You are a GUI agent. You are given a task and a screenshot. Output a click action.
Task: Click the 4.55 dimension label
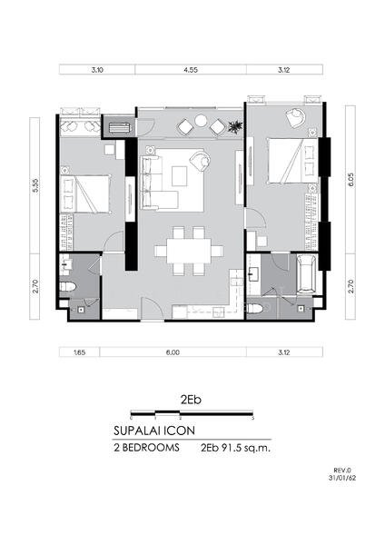click(191, 70)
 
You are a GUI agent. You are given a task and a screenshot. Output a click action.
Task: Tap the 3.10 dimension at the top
click(97, 70)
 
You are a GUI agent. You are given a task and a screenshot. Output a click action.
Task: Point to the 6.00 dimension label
click(173, 352)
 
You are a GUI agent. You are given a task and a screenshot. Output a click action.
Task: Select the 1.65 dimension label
click(80, 352)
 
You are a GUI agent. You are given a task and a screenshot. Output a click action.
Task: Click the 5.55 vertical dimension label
click(35, 186)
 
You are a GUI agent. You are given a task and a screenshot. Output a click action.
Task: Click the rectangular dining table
click(189, 251)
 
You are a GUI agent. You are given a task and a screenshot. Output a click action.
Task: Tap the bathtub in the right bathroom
click(307, 274)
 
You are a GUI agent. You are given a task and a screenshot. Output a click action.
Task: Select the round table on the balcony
click(201, 121)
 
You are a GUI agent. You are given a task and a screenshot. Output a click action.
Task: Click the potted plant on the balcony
click(235, 126)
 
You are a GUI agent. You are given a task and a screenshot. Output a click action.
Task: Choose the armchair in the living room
click(201, 160)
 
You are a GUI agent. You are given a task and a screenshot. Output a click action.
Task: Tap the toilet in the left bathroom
click(67, 287)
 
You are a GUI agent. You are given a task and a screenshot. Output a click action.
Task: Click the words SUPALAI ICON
click(154, 431)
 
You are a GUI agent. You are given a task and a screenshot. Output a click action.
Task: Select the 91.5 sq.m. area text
click(244, 448)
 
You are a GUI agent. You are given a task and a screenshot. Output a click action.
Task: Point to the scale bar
click(192, 413)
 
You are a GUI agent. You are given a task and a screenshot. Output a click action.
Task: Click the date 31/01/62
click(342, 478)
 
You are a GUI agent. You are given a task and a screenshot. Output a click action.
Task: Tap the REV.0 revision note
click(345, 471)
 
